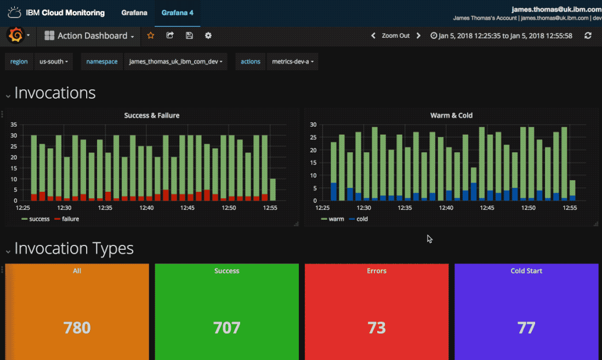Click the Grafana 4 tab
point(177,13)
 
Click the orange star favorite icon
point(151,36)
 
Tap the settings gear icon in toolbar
point(208,36)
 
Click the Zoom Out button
point(395,36)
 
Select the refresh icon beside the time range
point(588,36)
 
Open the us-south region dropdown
point(54,62)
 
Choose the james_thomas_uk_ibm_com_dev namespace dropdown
point(175,62)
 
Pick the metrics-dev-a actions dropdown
point(293,62)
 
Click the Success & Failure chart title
point(151,116)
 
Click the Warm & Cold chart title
point(451,116)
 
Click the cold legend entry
point(362,219)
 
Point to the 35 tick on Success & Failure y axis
point(14,124)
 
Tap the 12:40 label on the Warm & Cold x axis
point(446,208)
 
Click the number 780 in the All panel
point(77,328)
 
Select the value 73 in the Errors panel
point(377,328)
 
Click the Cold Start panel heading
point(526,271)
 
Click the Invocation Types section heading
point(74,248)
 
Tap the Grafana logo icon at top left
point(15,36)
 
